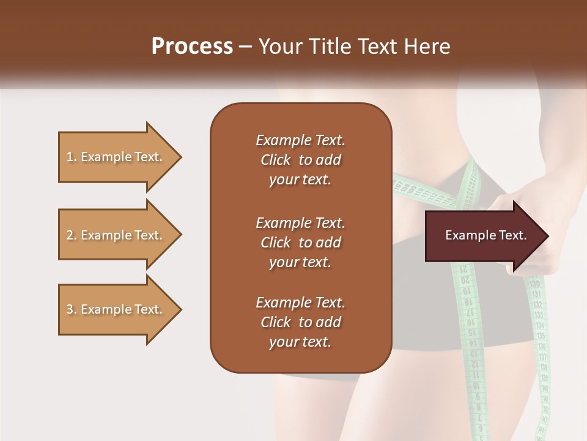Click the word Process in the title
(192, 46)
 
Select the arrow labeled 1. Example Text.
(114, 157)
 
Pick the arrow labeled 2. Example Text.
(114, 235)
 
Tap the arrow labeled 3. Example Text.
(114, 309)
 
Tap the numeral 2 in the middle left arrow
(70, 235)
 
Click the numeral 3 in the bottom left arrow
(70, 309)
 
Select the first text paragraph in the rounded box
(300, 160)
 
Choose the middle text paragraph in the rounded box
(300, 242)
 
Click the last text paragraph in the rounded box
(300, 322)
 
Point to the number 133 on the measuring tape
(539, 315)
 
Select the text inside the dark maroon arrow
(485, 235)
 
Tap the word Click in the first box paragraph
(275, 160)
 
